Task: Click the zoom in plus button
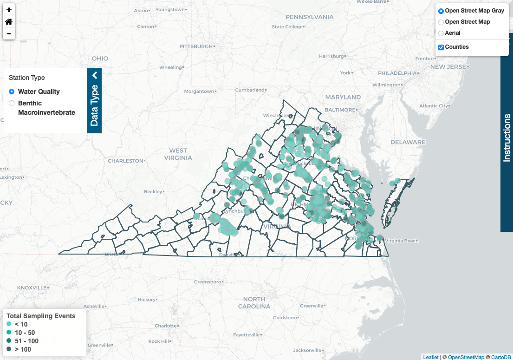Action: [x=9, y=9]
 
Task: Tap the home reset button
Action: [x=9, y=21]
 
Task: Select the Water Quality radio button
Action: [x=12, y=92]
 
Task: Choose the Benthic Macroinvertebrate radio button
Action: [x=12, y=103]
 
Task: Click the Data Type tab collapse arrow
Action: [x=94, y=75]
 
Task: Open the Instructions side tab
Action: [x=507, y=137]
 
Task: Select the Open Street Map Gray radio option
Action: [x=441, y=11]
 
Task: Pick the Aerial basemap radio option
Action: [x=441, y=33]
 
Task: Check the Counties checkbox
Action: [x=441, y=47]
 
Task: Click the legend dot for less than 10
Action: [x=9, y=324]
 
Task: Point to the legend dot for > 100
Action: [x=9, y=349]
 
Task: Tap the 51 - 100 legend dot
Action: [x=9, y=341]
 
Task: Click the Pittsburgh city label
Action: [x=195, y=46]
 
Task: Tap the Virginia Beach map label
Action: [x=401, y=241]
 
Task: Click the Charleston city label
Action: [x=125, y=161]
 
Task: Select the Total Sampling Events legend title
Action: [x=41, y=316]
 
